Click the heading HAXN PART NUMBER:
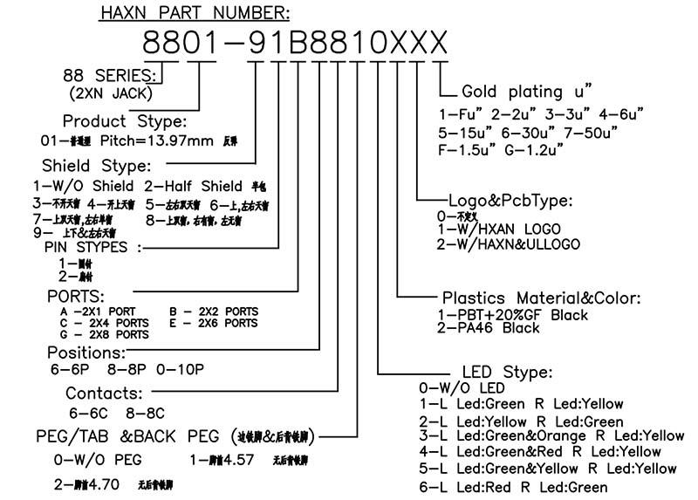[195, 13]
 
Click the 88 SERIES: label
[112, 75]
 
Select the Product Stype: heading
[124, 120]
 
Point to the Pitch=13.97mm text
[161, 140]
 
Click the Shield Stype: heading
[96, 165]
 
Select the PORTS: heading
[76, 295]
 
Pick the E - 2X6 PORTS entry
[214, 323]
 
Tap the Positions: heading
[86, 353]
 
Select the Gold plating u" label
[526, 91]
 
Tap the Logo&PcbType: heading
[510, 200]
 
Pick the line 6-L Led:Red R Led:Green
[513, 487]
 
